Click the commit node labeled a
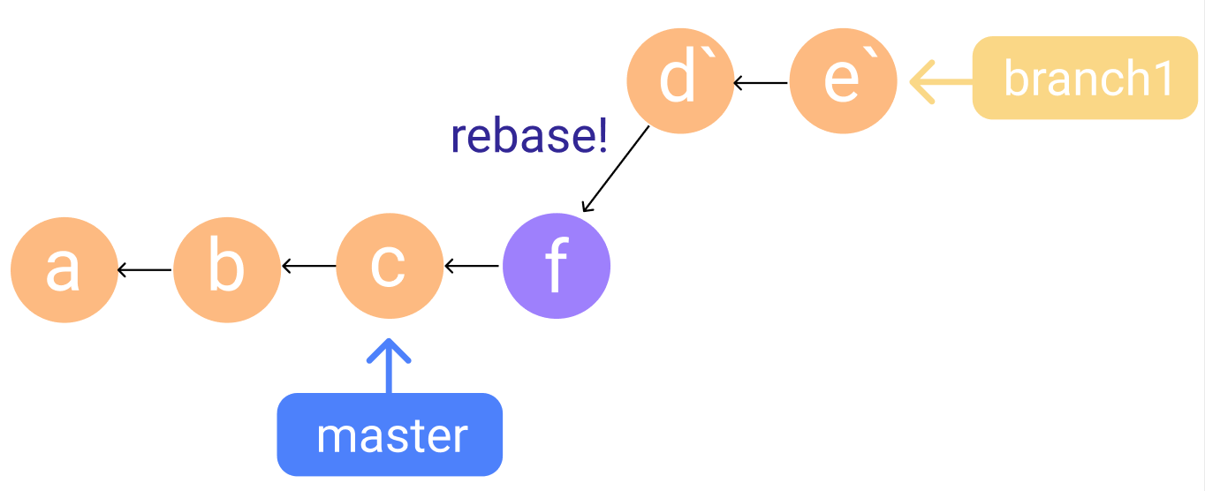click(x=64, y=269)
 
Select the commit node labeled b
click(x=227, y=269)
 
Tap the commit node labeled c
click(x=390, y=265)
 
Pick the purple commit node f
click(x=557, y=266)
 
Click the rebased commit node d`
click(x=680, y=80)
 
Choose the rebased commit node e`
click(x=844, y=80)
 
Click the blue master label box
click(x=390, y=434)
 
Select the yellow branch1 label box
click(x=1085, y=78)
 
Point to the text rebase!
click(x=528, y=137)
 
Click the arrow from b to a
click(x=145, y=269)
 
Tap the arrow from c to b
click(x=308, y=265)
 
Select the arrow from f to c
click(x=473, y=265)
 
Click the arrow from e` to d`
click(x=762, y=84)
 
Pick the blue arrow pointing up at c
click(x=390, y=366)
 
